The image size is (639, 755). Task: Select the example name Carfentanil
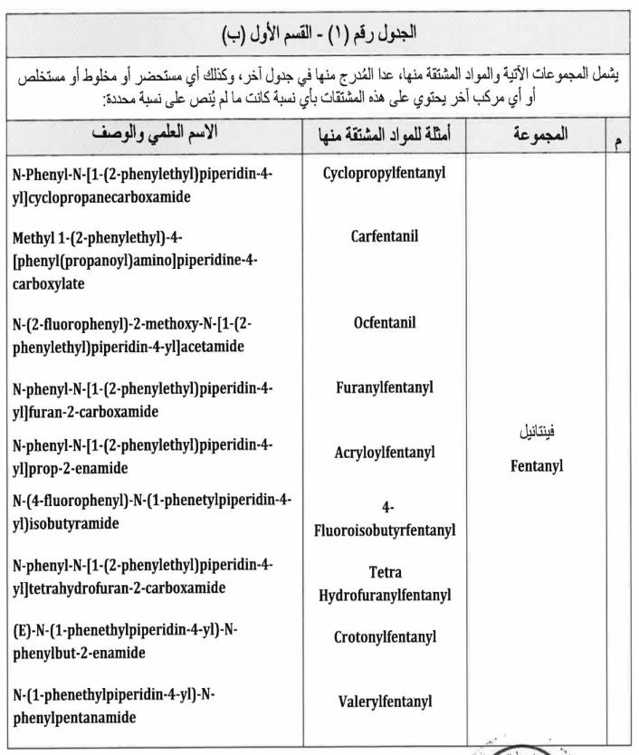[385, 237]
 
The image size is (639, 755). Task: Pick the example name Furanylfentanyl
[385, 387]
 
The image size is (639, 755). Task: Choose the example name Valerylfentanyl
[385, 700]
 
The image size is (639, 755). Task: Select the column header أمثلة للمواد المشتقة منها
[385, 139]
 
